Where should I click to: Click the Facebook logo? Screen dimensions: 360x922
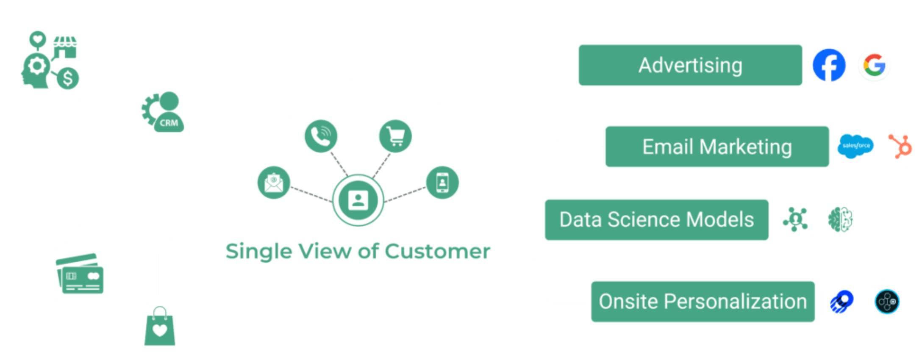click(829, 65)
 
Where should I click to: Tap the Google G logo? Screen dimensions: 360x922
click(875, 65)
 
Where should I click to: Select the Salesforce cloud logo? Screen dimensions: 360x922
click(855, 146)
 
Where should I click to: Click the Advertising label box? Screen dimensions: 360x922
click(690, 65)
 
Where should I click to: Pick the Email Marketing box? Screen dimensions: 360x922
click(716, 147)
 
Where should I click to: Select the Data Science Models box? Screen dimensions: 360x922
click(656, 219)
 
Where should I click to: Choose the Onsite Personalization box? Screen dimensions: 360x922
click(703, 301)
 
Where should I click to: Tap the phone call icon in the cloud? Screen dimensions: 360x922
click(321, 136)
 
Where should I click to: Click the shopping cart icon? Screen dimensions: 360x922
click(395, 136)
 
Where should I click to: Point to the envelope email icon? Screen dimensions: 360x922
click(274, 183)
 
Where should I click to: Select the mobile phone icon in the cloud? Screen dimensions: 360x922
click(442, 183)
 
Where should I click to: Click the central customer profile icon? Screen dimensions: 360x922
click(358, 200)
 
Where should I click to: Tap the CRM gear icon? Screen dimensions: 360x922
click(163, 112)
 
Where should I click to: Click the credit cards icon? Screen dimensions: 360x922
click(80, 274)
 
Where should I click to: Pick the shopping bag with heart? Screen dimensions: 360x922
click(160, 327)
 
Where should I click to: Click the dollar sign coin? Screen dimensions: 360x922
click(68, 78)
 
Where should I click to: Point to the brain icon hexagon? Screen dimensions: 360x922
click(841, 219)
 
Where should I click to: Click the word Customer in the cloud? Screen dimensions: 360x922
click(437, 251)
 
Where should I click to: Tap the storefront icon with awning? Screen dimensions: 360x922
click(65, 47)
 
